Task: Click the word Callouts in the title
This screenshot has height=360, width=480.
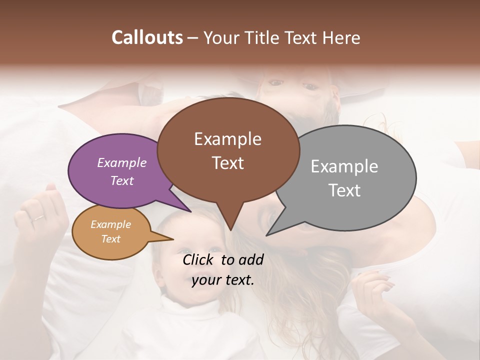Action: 147,37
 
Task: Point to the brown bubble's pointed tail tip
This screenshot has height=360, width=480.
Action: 230,230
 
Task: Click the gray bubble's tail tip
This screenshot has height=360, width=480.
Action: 267,235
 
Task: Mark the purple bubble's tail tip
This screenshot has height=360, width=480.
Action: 190,211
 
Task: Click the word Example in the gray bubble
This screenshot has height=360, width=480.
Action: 344,166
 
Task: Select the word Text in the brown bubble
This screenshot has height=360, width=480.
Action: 228,163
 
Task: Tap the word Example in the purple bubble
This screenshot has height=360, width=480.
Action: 122,162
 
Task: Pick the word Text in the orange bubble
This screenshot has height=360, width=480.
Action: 111,239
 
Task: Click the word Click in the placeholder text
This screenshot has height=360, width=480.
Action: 199,259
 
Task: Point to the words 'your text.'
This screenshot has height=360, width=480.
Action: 223,280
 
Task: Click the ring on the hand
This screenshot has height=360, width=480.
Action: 37,218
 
